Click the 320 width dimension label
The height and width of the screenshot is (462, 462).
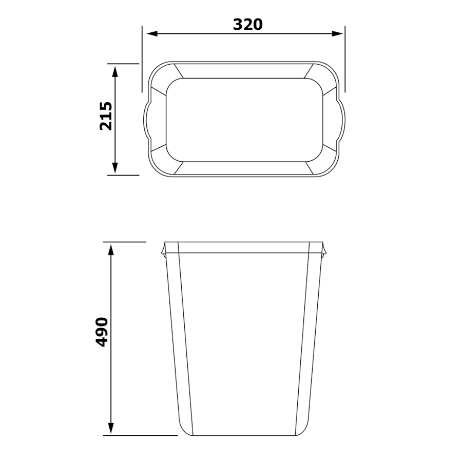tap(247, 25)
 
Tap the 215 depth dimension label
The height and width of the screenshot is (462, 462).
tap(106, 116)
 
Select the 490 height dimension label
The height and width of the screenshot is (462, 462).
tap(102, 332)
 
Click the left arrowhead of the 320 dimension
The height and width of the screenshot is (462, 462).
tap(152, 33)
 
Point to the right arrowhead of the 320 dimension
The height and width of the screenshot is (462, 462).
tap(337, 33)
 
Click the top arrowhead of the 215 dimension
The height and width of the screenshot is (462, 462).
tap(115, 71)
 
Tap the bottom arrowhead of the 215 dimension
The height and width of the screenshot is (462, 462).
tap(115, 168)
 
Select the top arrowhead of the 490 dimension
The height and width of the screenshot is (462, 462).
tap(111, 250)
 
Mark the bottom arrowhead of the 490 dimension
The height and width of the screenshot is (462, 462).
tap(111, 428)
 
